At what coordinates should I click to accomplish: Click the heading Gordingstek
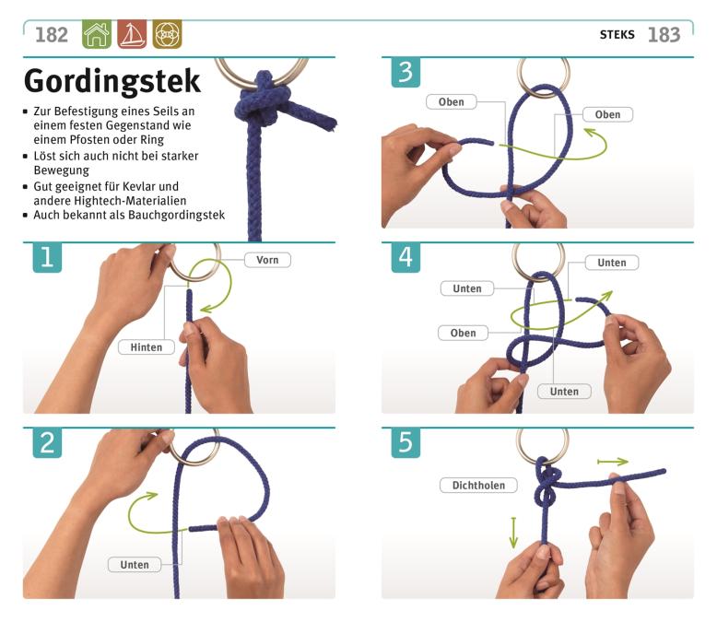(112, 81)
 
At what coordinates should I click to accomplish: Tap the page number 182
(52, 35)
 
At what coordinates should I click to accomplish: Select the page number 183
(664, 35)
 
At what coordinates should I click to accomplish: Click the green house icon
(97, 34)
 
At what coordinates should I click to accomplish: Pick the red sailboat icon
(132, 34)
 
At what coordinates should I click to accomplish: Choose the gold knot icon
(167, 34)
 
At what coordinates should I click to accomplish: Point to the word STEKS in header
(617, 35)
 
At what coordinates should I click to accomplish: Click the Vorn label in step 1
(267, 260)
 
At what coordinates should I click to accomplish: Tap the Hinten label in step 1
(147, 347)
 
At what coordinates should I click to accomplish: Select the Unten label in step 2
(135, 564)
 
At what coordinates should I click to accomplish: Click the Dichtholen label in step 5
(478, 486)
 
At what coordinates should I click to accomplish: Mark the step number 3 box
(406, 72)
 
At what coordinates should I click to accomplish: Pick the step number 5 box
(406, 442)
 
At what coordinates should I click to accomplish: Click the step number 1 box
(47, 257)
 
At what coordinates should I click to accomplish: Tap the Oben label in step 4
(463, 333)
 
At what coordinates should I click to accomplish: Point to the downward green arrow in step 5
(513, 533)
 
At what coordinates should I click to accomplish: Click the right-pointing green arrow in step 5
(613, 462)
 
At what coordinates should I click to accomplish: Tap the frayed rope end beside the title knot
(330, 123)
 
